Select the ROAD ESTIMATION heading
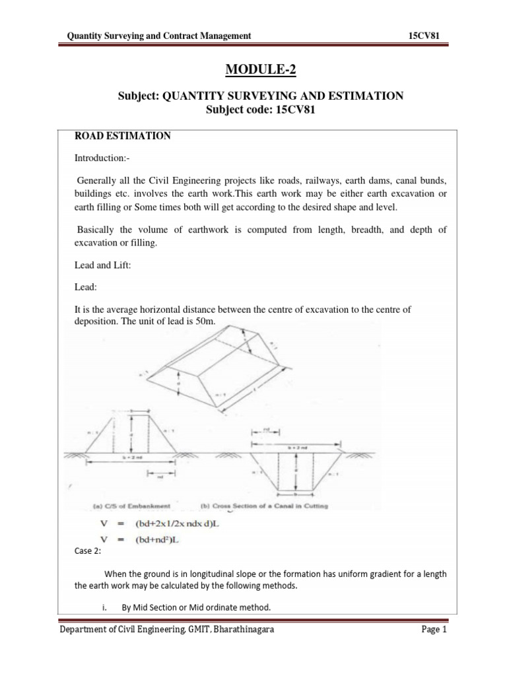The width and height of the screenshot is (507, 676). [x=124, y=136]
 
